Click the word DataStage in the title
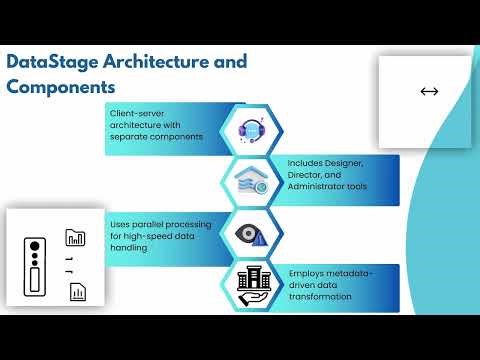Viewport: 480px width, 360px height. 46,62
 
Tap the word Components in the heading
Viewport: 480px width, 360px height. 62,87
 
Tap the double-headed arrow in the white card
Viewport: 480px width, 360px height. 429,92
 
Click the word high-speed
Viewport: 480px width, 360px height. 146,236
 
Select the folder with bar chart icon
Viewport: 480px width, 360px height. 76,237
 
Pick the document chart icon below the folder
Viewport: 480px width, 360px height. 76,292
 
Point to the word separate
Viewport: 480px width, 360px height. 130,136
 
